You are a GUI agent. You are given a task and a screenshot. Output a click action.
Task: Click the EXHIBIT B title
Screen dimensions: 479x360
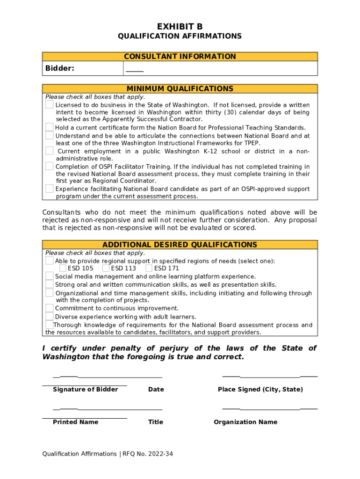pos(180,27)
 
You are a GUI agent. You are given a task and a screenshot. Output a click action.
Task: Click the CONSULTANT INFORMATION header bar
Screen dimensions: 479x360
pos(180,57)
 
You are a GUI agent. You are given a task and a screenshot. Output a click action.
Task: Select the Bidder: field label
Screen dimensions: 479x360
pos(60,69)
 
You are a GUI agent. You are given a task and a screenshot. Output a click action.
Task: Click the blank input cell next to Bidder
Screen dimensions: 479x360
pos(220,69)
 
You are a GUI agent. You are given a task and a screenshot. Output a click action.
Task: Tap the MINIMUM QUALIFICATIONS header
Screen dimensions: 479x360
pos(180,88)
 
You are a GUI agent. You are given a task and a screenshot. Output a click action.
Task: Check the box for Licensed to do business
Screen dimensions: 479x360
pos(49,105)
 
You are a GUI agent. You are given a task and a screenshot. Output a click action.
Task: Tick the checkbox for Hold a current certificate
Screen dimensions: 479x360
pos(49,127)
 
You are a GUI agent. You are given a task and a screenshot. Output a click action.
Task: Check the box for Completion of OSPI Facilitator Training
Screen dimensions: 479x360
pos(49,166)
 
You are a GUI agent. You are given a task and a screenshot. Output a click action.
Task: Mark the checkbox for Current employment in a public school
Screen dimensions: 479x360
pos(49,151)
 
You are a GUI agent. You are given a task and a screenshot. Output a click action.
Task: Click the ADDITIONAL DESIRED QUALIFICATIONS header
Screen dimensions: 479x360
pos(180,245)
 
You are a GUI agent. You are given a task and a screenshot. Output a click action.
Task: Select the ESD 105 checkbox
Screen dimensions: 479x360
pos(63,268)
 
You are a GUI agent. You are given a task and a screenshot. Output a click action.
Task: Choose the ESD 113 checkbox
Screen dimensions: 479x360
pos(106,268)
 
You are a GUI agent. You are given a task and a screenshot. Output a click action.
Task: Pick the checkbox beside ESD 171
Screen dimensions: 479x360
pos(149,268)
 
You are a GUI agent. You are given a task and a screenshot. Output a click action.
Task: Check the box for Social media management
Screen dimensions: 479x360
pos(49,276)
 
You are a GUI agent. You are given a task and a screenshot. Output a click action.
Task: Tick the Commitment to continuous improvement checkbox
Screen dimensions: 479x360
pos(49,308)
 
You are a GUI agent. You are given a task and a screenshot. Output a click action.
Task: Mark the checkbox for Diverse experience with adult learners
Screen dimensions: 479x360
pos(49,316)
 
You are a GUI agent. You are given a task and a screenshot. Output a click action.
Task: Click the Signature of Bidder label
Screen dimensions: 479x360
pos(85,389)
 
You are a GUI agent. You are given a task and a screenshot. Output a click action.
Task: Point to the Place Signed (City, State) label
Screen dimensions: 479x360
pos(260,389)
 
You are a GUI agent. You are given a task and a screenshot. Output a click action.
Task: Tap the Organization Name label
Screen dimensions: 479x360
pos(245,422)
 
